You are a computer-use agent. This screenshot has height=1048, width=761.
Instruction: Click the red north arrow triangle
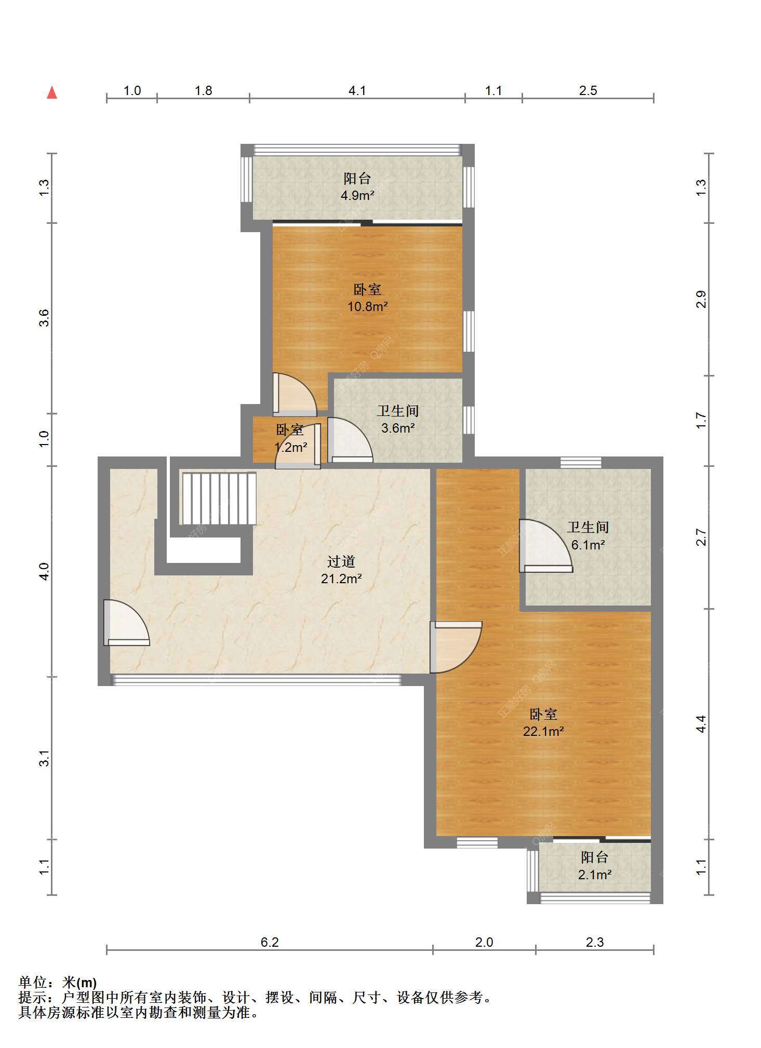click(x=52, y=92)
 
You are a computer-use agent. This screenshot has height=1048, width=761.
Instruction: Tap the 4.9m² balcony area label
click(x=357, y=187)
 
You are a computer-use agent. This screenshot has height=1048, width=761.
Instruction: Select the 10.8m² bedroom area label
click(x=367, y=298)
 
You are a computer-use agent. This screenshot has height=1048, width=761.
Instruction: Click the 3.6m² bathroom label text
click(x=398, y=420)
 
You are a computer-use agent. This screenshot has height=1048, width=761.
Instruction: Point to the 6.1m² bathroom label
click(x=588, y=536)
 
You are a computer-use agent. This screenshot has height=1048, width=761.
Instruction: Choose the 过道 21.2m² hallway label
click(x=341, y=570)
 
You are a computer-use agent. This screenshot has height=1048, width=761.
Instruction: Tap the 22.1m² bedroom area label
click(x=543, y=722)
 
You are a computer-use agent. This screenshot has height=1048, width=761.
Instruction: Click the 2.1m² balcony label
click(x=595, y=866)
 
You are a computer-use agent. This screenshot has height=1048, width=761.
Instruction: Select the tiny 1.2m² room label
click(x=290, y=438)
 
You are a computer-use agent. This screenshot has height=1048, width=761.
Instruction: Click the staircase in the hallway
click(x=218, y=499)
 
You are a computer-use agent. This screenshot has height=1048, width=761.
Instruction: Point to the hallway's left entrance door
click(x=126, y=623)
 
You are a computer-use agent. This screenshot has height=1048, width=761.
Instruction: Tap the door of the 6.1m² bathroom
click(x=545, y=546)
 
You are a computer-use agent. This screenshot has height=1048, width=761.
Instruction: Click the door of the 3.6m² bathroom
click(x=350, y=440)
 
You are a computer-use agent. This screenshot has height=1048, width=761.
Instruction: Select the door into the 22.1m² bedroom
click(x=456, y=647)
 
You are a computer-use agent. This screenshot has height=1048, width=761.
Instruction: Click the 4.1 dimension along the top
click(x=357, y=91)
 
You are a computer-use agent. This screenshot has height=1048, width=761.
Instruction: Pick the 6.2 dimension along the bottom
click(x=270, y=942)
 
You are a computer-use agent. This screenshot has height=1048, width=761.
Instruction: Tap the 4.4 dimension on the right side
click(x=701, y=724)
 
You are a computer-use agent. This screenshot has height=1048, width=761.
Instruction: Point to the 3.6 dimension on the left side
click(x=44, y=318)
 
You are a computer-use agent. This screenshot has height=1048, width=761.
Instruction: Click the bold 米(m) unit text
click(x=79, y=983)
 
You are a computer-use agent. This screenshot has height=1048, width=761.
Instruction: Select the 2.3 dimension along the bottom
click(x=595, y=942)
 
